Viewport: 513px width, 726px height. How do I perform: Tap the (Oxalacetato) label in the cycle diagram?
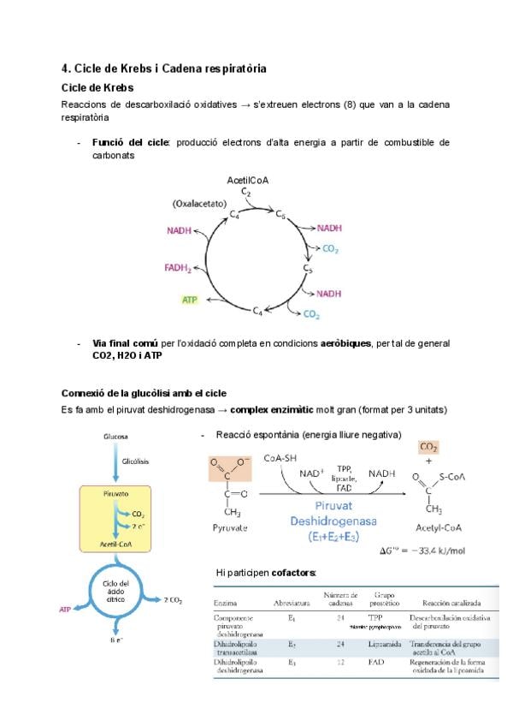(198, 204)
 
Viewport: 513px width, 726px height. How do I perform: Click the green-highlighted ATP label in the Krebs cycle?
(190, 300)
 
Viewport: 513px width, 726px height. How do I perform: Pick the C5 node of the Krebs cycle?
(308, 269)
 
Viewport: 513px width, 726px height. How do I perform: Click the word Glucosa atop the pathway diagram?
(115, 436)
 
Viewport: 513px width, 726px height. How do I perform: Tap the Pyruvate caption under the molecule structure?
(230, 528)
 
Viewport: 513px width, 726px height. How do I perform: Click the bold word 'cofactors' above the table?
(292, 572)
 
